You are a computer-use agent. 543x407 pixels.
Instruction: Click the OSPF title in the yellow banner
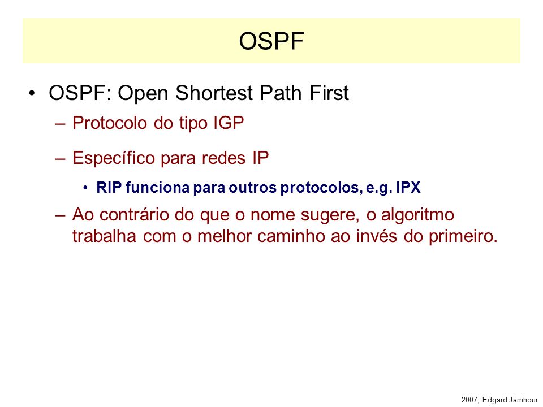pos(271,41)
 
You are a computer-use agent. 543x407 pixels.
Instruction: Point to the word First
pos(329,93)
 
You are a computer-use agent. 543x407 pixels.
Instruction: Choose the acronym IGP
pos(229,123)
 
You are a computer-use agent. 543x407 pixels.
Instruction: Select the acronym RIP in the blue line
pos(109,188)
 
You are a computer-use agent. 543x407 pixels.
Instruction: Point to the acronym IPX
pos(408,188)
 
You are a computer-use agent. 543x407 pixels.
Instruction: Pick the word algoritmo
pos(417,215)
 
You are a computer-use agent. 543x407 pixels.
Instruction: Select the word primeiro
pos(463,236)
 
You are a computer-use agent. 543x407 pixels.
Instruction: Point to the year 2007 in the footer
pos(470,400)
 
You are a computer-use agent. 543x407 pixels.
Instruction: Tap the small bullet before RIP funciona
pos(85,188)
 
